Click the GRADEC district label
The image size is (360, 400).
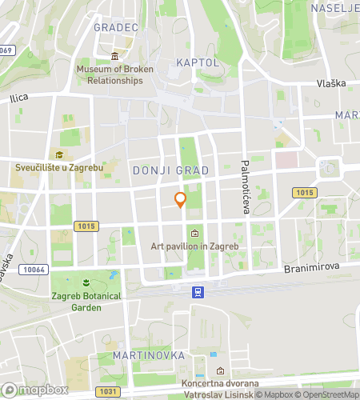[x=116, y=27]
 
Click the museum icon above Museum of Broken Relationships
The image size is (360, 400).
[x=115, y=56]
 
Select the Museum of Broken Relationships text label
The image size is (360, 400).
[x=115, y=74]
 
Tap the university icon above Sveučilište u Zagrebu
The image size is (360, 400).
[x=58, y=154]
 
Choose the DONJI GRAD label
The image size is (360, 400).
[x=170, y=170]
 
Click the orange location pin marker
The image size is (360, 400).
[x=181, y=199]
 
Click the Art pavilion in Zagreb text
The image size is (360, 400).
[x=195, y=246]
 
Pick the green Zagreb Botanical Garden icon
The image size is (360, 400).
[x=86, y=283]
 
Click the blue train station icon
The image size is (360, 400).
[x=196, y=292]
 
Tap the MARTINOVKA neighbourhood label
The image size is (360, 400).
[x=150, y=354]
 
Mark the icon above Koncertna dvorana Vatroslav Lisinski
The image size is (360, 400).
[x=221, y=370]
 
